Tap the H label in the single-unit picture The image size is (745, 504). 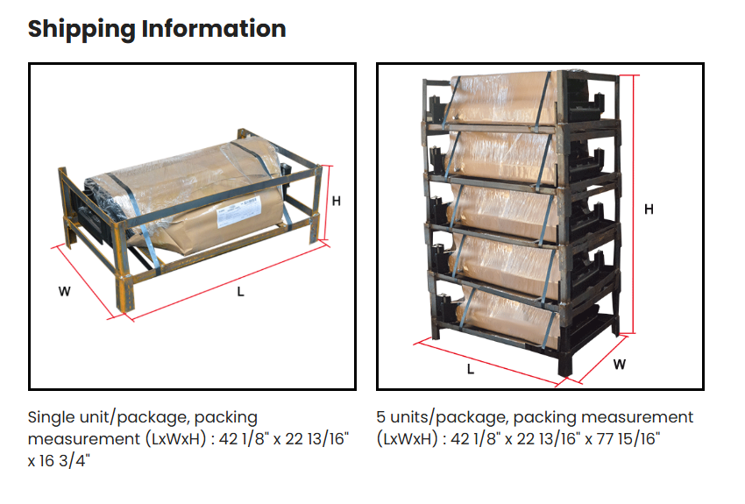coord(336,201)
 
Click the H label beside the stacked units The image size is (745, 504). coord(649,209)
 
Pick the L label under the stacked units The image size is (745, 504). coord(471,369)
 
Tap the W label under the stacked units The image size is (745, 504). coord(620,364)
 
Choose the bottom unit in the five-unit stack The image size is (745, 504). coord(517,311)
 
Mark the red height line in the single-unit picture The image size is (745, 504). coord(327,202)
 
